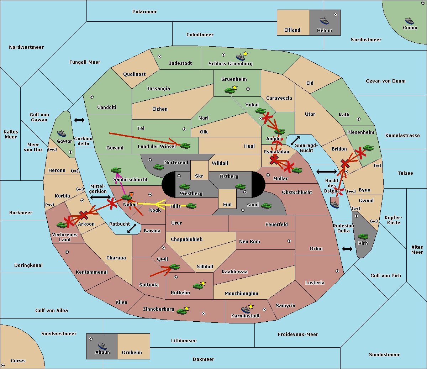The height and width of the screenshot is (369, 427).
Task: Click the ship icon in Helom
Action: click(324, 21)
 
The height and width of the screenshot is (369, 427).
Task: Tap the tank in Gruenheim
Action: click(230, 90)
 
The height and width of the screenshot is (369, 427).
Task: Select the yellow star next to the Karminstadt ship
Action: click(251, 306)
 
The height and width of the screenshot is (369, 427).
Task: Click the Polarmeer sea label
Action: click(144, 12)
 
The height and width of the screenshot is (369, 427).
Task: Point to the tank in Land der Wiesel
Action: click(185, 146)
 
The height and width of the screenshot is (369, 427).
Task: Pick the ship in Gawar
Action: click(62, 133)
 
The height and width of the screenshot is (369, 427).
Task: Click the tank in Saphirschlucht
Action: click(116, 170)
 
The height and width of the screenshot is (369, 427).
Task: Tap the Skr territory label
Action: click(199, 176)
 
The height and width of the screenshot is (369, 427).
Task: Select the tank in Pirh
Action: click(363, 236)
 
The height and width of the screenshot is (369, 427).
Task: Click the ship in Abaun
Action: click(102, 346)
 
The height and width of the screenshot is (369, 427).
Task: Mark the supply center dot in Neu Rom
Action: click(289, 241)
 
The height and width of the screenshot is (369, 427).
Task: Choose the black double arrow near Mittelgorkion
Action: click(100, 197)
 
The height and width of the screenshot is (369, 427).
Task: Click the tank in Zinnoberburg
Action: click(181, 311)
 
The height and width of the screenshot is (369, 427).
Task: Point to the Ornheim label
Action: click(132, 352)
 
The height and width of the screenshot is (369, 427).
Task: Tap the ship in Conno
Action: click(409, 21)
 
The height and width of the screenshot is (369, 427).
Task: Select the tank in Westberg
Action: click(184, 186)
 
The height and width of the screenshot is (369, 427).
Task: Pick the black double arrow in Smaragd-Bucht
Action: click(295, 141)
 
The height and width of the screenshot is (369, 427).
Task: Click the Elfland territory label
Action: click(292, 30)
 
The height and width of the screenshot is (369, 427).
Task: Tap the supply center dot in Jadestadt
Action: click(159, 57)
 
